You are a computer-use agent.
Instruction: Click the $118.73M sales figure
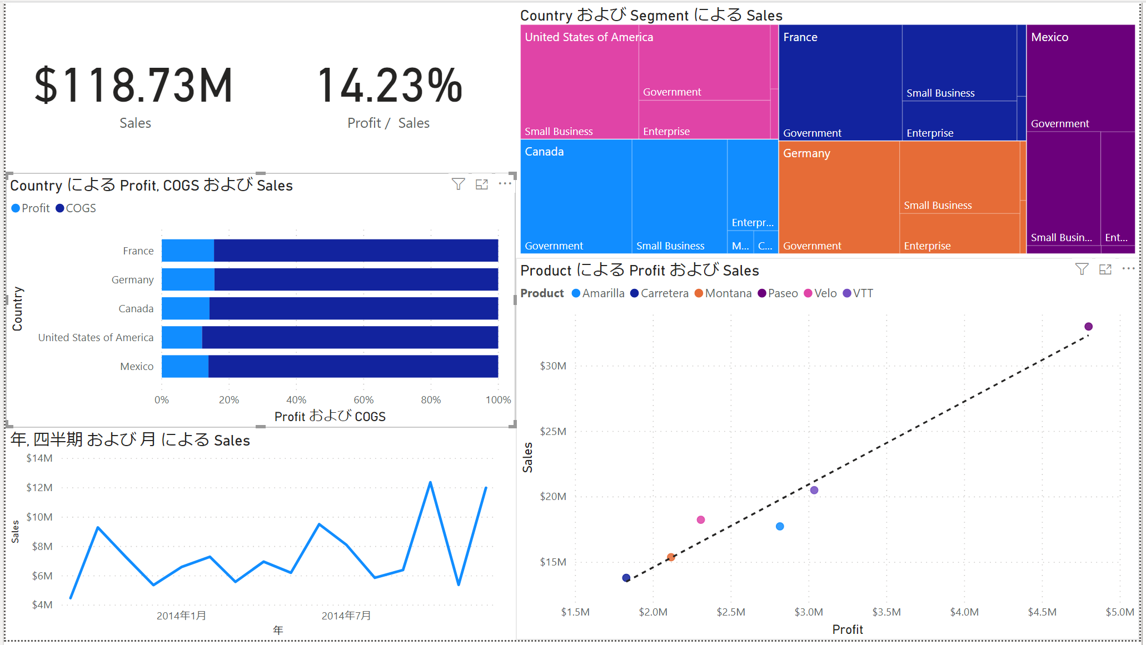(x=133, y=86)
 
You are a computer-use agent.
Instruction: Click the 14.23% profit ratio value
(x=389, y=86)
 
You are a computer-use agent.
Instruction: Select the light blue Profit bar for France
(x=187, y=251)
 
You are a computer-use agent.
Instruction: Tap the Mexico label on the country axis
(x=137, y=367)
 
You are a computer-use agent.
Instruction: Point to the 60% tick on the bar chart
(x=363, y=400)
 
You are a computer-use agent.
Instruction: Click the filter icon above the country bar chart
(x=458, y=184)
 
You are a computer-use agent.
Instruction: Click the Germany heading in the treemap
(x=806, y=153)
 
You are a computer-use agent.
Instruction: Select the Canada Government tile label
(x=554, y=246)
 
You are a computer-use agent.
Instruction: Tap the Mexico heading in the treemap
(x=1049, y=37)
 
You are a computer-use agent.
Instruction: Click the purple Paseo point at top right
(x=1088, y=327)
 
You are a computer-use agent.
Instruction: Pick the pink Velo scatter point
(x=701, y=520)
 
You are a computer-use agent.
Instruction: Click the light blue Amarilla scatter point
(x=780, y=527)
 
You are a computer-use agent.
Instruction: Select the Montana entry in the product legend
(x=728, y=293)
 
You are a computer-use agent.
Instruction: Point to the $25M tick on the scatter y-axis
(x=552, y=432)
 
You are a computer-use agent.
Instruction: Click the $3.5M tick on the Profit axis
(x=886, y=612)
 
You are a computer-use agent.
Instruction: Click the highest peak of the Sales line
(x=430, y=482)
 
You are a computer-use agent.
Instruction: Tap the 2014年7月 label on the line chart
(x=346, y=616)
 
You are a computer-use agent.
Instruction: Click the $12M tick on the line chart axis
(x=39, y=488)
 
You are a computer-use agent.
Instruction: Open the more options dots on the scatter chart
(x=1128, y=269)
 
